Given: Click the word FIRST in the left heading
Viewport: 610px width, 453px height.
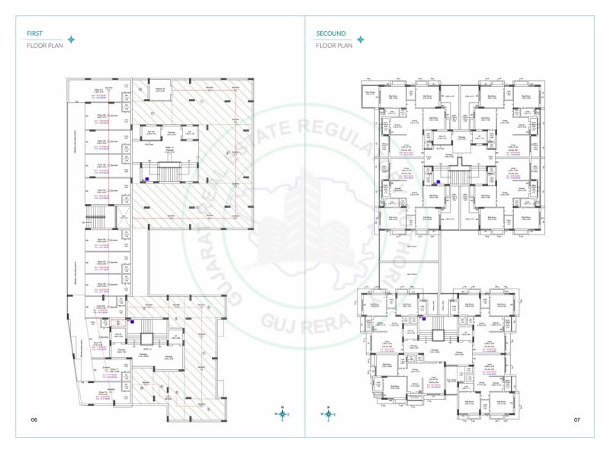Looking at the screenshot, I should click(x=34, y=33).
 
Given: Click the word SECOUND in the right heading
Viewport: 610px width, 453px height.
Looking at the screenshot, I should click(x=331, y=33).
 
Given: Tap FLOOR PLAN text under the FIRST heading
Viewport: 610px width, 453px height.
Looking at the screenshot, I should click(x=44, y=46).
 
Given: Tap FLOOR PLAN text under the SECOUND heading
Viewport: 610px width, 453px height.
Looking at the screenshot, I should click(x=335, y=46).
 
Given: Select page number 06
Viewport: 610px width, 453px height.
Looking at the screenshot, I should click(x=34, y=420).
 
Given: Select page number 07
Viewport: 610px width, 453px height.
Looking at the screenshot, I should click(x=577, y=420).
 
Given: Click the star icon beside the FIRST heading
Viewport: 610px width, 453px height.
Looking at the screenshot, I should click(x=71, y=40).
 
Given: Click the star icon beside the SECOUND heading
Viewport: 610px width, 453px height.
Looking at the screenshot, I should click(x=360, y=40).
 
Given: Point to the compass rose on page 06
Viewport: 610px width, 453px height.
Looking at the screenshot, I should click(x=283, y=414).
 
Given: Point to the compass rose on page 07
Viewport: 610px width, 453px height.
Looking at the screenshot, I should click(x=329, y=414).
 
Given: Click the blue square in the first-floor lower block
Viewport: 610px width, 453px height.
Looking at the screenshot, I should click(x=132, y=322).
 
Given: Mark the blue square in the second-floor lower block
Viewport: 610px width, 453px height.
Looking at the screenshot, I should click(x=424, y=320).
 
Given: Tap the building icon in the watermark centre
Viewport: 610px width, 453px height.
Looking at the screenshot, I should click(x=305, y=221).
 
